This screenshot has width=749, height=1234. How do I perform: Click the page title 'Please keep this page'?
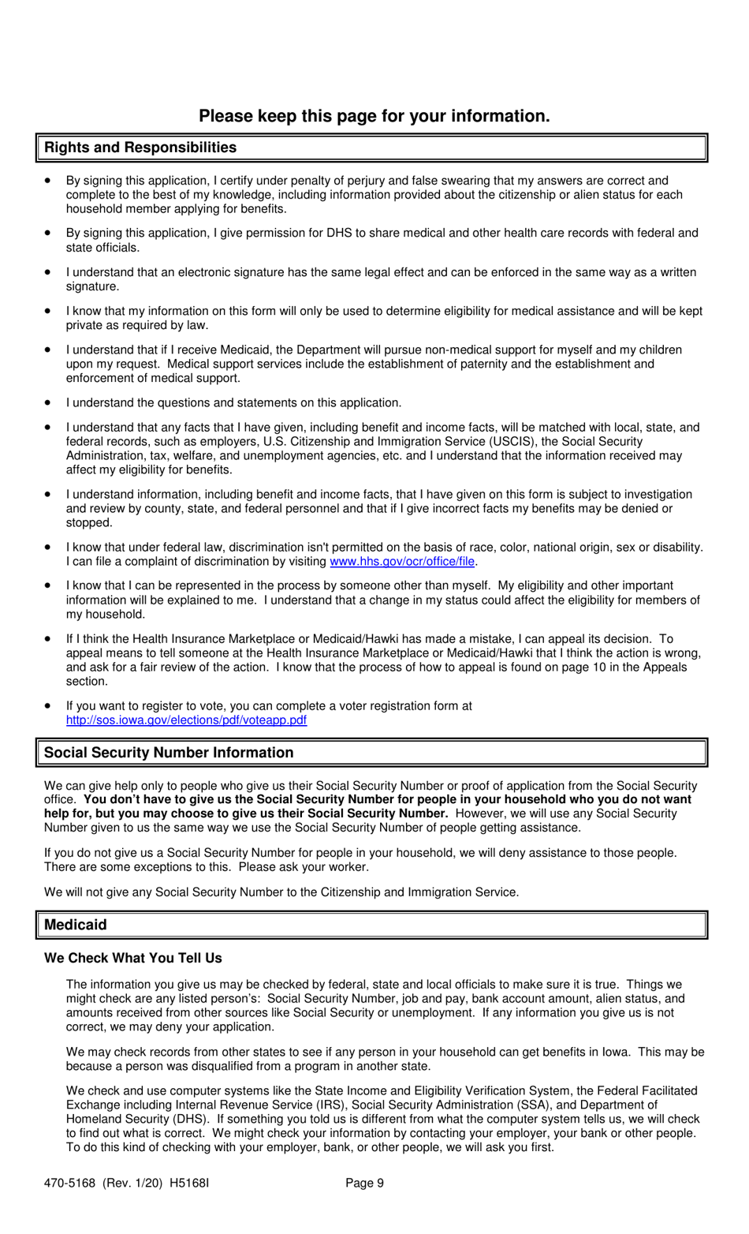point(374,116)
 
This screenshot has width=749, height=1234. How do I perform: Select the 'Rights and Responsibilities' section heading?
point(140,148)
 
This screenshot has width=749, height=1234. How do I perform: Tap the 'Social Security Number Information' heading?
point(169,753)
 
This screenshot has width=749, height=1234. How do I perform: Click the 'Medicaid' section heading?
point(76,925)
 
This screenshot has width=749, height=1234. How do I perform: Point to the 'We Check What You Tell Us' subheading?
point(133,958)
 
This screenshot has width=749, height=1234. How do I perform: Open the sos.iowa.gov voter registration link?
point(186,720)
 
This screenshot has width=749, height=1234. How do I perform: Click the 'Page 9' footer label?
point(364,1183)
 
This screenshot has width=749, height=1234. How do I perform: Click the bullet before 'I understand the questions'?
point(49,402)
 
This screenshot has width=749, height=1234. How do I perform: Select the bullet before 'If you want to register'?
point(49,705)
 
